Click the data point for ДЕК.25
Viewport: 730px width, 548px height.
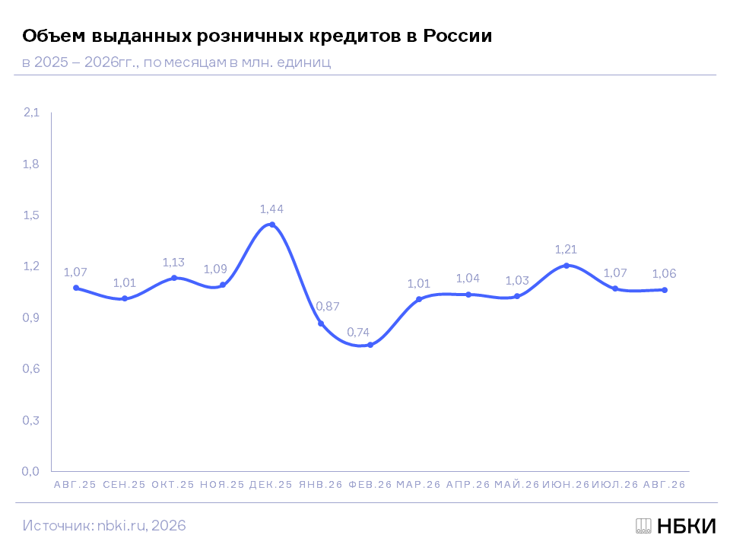272,225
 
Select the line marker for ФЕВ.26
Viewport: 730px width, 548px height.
370,345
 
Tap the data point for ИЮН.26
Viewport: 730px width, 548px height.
567,266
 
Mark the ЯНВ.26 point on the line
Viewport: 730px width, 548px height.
321,323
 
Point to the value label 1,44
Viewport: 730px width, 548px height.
271,209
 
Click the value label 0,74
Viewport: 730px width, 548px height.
358,333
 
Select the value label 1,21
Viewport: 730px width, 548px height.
566,250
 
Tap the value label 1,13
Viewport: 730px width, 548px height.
173,263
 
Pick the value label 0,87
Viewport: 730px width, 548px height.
328,306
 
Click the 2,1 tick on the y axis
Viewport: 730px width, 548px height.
32,113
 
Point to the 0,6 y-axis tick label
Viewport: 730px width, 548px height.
31,369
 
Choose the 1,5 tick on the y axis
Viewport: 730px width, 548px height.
31,215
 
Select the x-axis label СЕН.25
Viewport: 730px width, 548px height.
124,485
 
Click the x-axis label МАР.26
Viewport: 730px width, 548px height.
418,485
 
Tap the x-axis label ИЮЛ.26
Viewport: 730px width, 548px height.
615,485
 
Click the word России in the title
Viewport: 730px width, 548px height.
457,36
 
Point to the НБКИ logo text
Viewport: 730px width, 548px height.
687,526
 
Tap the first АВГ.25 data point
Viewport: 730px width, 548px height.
76,288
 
